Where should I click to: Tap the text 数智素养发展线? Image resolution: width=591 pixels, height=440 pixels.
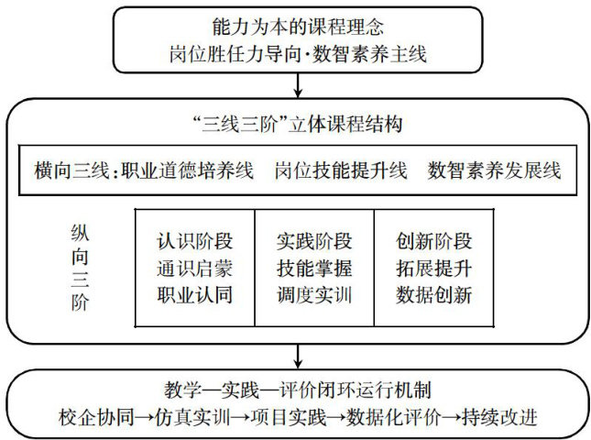[x=494, y=170]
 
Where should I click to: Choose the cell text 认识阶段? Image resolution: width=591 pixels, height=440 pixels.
[x=194, y=242]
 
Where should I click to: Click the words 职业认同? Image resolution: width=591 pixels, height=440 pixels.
[x=194, y=295]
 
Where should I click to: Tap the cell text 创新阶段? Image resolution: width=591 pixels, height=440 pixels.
[x=434, y=242]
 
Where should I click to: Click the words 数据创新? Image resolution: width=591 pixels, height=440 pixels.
[x=434, y=295]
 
